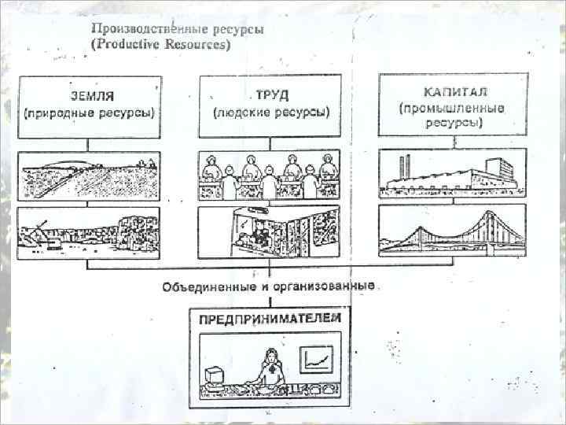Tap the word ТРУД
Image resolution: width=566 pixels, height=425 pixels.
(271, 96)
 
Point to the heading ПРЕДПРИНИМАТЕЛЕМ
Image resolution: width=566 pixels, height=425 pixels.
(270, 319)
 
